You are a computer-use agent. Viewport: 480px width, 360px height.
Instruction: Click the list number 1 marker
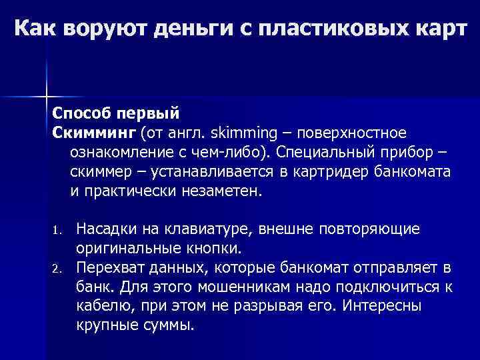click(56, 231)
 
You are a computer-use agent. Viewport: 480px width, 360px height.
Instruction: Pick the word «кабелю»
click(97, 307)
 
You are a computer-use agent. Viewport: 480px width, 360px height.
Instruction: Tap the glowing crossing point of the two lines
click(46, 96)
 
